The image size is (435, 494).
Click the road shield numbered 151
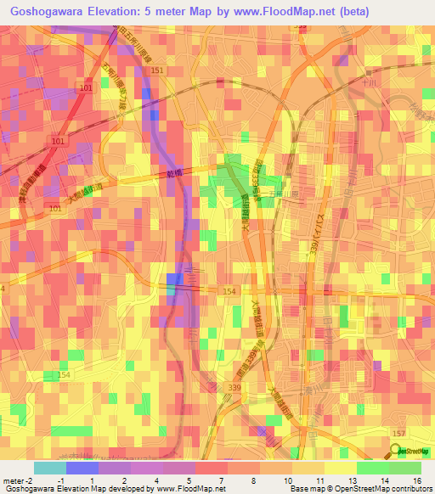click(158, 70)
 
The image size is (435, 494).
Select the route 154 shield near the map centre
click(229, 291)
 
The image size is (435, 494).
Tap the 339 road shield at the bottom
click(234, 387)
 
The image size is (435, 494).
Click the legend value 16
click(416, 481)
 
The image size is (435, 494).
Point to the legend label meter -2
click(18, 481)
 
